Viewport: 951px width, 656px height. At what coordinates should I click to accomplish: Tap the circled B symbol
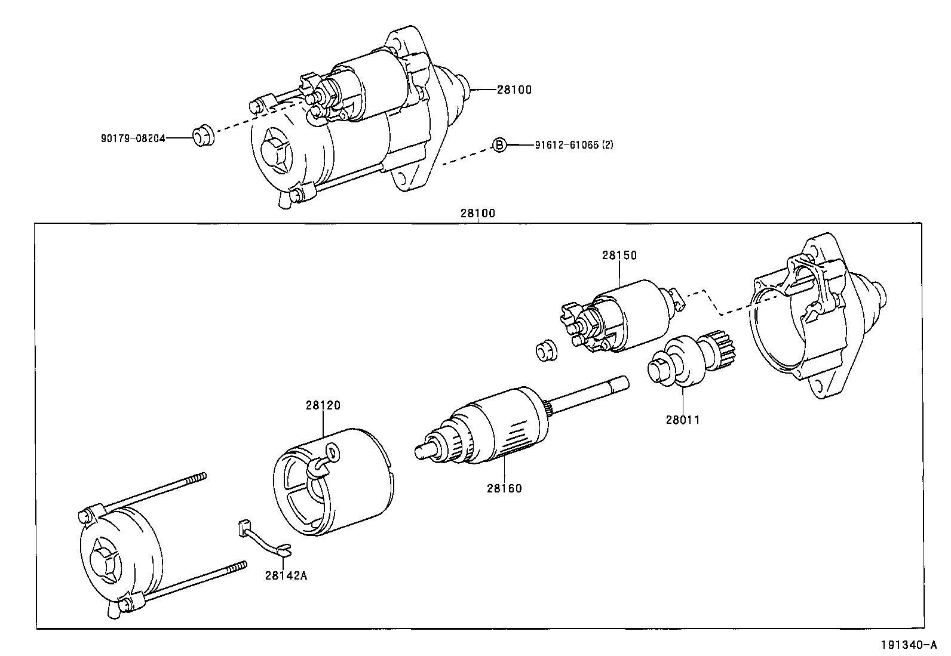499,144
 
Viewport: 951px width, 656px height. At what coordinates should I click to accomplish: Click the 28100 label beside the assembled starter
514,90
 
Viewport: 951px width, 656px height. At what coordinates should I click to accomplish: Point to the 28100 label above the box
477,213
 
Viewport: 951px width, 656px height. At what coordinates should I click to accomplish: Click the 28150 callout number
619,255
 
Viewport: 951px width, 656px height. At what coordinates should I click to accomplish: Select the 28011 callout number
682,420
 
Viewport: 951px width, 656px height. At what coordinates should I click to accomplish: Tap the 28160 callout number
504,488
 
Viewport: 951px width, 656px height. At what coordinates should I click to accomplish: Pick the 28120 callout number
323,405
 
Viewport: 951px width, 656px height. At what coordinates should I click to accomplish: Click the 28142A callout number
286,575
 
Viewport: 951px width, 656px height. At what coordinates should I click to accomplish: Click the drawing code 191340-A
907,645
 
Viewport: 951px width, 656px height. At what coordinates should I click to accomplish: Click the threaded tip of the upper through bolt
200,477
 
